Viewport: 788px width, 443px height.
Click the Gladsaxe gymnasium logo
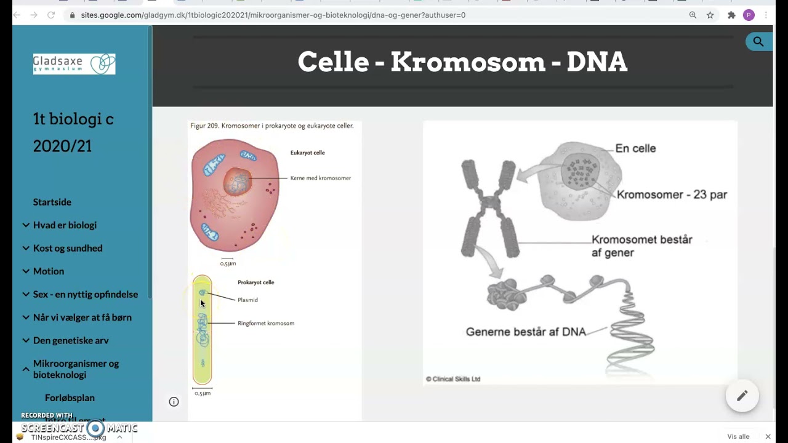74,64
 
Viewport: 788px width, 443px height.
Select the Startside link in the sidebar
52,202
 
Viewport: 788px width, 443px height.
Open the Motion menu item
49,271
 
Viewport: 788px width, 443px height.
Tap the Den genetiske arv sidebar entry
70,340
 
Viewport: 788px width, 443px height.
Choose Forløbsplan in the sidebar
70,397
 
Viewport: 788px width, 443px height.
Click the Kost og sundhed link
68,248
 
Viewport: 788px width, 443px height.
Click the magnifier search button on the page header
758,42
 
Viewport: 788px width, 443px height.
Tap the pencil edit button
742,396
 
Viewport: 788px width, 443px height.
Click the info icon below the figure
174,402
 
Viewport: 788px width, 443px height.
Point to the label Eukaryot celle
307,153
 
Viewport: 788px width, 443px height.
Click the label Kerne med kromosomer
320,178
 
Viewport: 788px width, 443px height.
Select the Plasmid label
247,300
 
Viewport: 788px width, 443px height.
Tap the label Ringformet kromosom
266,323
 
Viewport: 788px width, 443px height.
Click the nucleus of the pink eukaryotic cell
238,183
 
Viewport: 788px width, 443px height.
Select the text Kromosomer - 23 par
672,194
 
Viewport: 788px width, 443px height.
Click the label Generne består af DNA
526,332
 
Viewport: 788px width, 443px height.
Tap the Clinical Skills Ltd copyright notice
453,379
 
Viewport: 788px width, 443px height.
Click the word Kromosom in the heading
468,62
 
